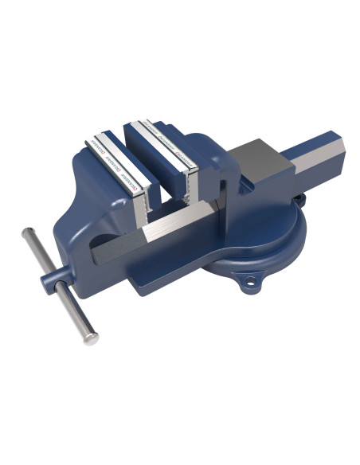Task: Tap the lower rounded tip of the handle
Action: (x=92, y=338)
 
